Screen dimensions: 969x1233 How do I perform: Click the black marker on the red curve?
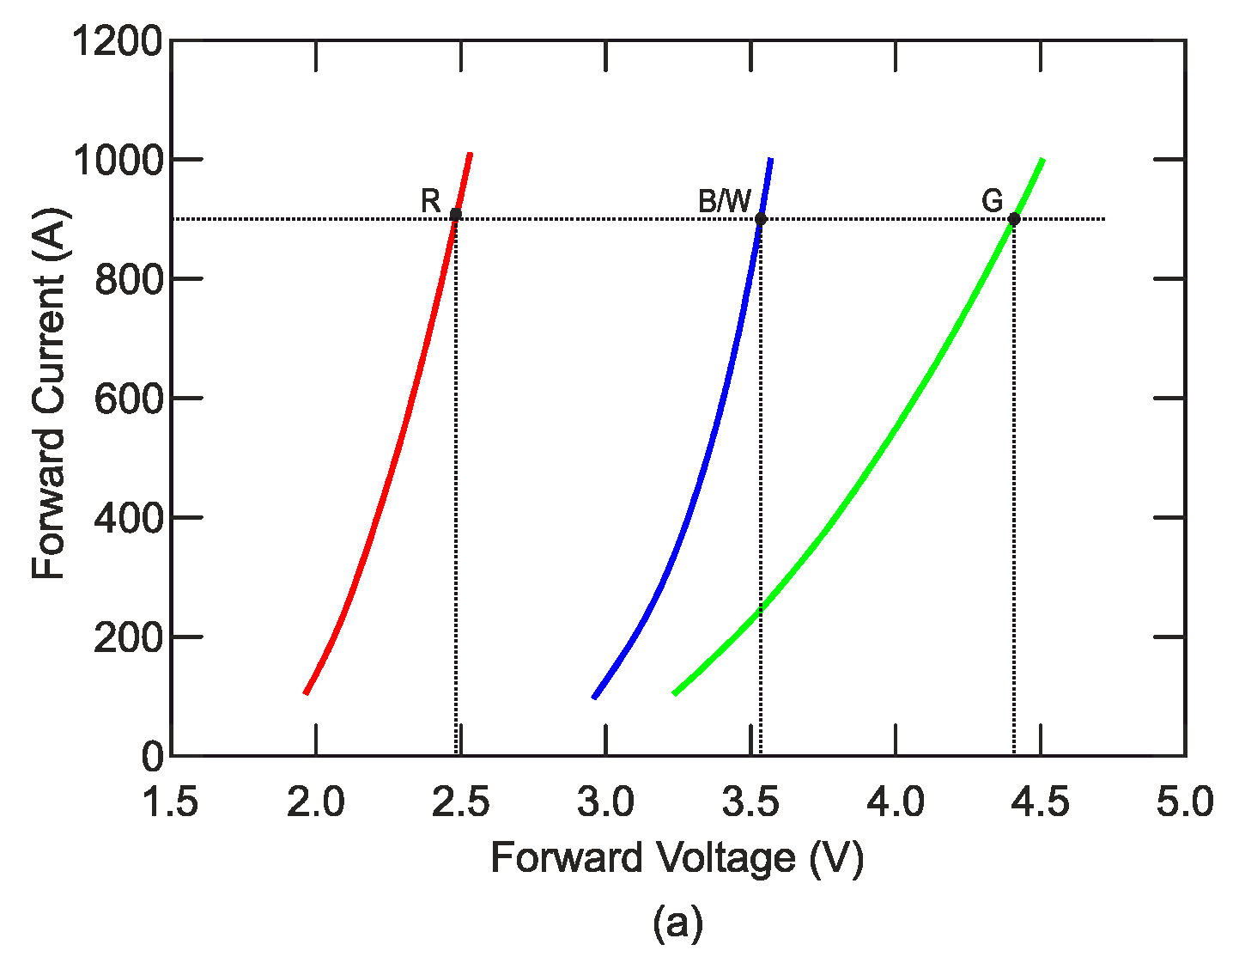tap(455, 214)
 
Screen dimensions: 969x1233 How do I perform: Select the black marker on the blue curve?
tap(761, 219)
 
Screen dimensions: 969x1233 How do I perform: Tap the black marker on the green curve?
tap(1014, 219)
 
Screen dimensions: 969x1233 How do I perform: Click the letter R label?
tap(430, 201)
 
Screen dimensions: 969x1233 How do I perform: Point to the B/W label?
tap(724, 201)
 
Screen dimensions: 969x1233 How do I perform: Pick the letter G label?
tap(992, 201)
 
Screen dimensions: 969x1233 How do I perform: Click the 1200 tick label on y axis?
tap(117, 40)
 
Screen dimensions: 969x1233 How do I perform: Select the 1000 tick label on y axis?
tap(117, 160)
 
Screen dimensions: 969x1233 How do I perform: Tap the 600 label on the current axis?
tap(128, 399)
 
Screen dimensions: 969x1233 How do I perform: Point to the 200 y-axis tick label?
tap(128, 637)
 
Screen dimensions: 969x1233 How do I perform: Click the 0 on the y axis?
tap(152, 757)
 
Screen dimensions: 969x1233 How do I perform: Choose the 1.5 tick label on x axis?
tap(170, 803)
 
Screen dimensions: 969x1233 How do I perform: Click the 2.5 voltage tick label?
tap(461, 803)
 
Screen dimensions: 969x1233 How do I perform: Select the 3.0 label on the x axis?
tap(606, 803)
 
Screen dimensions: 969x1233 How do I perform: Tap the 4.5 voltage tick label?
tap(1041, 803)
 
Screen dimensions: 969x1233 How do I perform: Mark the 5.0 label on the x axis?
tap(1185, 803)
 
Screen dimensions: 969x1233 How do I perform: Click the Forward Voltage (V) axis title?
tap(677, 857)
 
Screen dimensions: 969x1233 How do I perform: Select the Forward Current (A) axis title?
tap(49, 393)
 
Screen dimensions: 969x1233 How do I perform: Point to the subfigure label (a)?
tap(677, 923)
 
